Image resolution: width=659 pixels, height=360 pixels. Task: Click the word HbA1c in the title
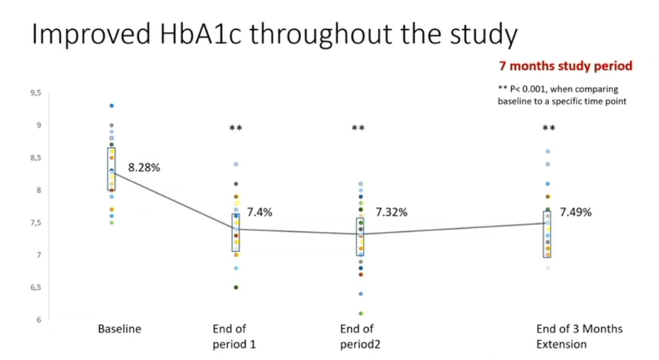200,34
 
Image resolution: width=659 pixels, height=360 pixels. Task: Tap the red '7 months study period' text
566,66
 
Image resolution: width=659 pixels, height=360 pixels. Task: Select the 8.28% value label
144,168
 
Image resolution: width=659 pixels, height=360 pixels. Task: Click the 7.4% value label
259,212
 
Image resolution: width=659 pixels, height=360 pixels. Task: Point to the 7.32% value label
391,212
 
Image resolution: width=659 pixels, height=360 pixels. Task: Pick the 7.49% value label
575,212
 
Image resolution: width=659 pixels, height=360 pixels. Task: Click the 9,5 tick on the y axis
36,93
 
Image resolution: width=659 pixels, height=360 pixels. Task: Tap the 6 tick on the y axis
39,320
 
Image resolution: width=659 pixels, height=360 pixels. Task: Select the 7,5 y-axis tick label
36,223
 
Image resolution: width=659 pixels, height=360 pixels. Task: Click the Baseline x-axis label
119,329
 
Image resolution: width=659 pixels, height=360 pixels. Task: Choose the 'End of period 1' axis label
234,336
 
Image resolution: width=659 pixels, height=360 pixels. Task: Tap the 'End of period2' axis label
360,336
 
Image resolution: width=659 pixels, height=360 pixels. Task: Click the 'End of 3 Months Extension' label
579,336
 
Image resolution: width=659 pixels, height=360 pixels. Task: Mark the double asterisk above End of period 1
236,127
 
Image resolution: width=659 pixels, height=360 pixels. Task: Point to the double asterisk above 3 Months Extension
549,127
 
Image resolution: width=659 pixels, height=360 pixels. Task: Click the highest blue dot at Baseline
111,106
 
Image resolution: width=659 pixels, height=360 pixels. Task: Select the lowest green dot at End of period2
361,313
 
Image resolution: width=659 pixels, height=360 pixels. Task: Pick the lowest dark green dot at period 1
236,288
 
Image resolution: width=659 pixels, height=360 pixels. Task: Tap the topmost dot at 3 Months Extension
548,151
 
